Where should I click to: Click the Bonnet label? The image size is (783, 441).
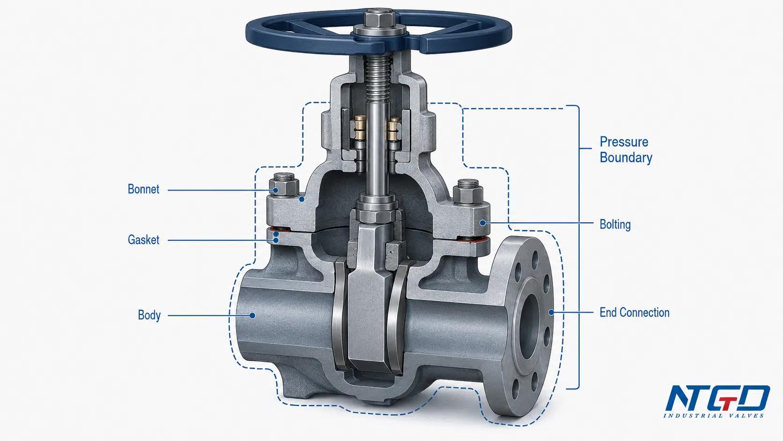143,189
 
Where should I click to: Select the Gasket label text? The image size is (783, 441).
143,240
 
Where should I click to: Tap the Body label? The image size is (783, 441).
149,315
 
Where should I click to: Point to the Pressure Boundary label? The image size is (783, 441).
626,149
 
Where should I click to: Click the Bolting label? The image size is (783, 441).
615,224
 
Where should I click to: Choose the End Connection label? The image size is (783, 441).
635,312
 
